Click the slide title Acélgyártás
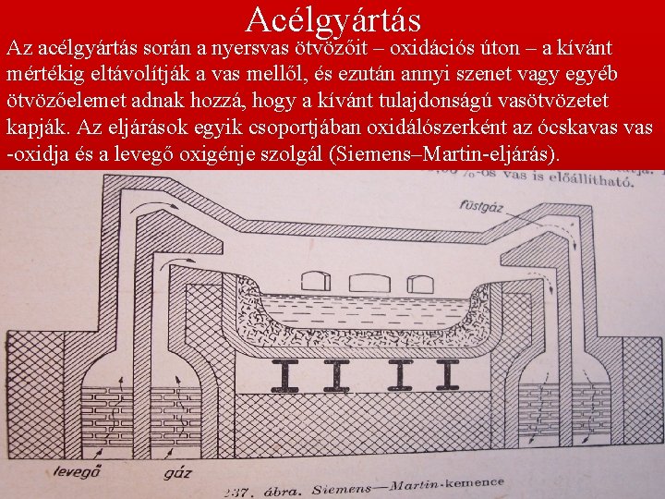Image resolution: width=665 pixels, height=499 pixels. pos(333,18)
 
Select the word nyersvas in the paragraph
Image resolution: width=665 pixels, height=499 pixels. pos(250,46)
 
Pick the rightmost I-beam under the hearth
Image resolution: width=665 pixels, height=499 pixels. pos(449,372)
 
